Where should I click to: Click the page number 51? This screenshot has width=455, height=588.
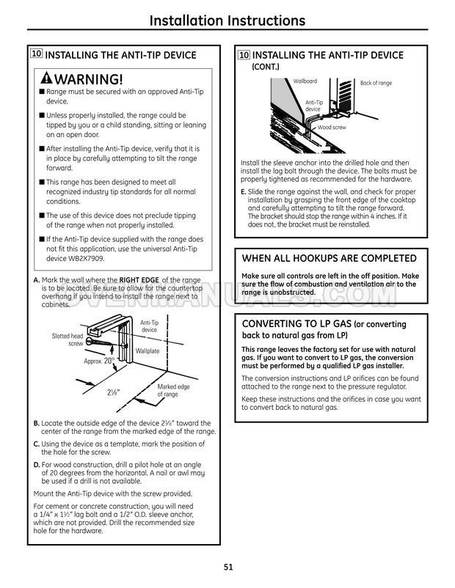(227, 565)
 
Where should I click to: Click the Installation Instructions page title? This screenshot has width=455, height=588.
(227, 20)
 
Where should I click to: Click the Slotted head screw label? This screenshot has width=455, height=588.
(68, 339)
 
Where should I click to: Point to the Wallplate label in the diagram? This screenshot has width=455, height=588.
(148, 351)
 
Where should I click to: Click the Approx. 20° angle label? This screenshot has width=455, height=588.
(98, 361)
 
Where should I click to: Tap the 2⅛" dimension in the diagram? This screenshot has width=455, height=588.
(112, 392)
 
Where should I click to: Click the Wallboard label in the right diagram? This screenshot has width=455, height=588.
(305, 81)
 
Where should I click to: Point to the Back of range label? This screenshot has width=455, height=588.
(377, 83)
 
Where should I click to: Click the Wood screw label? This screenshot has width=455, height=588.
(332, 128)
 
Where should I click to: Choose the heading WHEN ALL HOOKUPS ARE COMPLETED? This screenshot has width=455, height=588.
(329, 258)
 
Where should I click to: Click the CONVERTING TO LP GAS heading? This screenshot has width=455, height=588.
(324, 324)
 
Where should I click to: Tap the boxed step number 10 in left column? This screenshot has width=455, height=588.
(36, 54)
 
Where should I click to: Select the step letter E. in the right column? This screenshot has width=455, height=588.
(244, 191)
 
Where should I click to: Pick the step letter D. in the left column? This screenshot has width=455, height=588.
(37, 463)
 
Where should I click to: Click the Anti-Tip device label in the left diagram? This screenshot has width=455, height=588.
(149, 326)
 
